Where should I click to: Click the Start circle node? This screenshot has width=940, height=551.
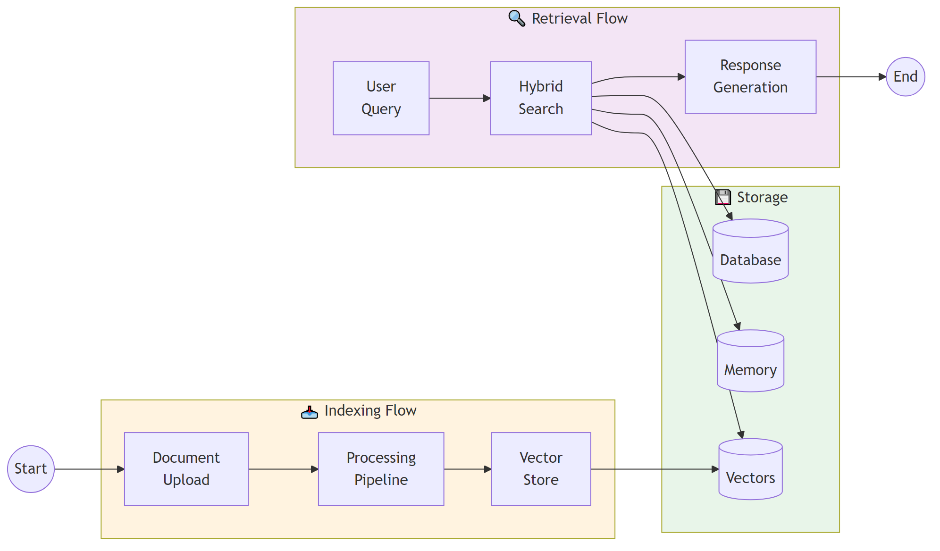(31, 469)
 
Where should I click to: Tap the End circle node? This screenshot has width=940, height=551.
(905, 77)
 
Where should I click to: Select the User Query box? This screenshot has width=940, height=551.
(381, 98)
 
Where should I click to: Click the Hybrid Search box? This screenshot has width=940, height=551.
(541, 98)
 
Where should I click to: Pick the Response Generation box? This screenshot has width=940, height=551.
(750, 77)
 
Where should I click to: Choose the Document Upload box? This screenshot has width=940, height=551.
(186, 469)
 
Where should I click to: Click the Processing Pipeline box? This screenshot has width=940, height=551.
(381, 469)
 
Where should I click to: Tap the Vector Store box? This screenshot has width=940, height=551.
(541, 469)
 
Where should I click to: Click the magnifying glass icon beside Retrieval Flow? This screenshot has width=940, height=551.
(517, 18)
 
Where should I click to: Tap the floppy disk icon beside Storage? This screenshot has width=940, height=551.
(723, 197)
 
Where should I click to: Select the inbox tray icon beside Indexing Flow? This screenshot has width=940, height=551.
(310, 412)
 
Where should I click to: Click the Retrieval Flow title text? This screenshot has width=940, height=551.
(579, 18)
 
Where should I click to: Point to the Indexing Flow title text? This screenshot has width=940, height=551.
(370, 410)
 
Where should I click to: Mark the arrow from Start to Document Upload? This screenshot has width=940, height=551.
(89, 469)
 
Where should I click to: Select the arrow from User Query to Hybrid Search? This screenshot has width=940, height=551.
(460, 98)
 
